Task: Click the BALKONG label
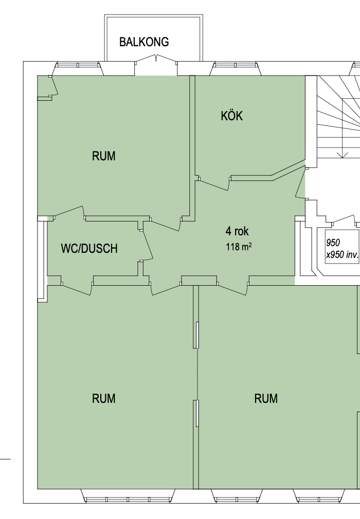pyautogui.click(x=144, y=42)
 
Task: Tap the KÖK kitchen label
pyautogui.click(x=232, y=116)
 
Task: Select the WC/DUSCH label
pyautogui.click(x=89, y=248)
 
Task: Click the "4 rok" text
pyautogui.click(x=237, y=231)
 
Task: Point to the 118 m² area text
pyautogui.click(x=239, y=247)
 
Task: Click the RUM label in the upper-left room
pyautogui.click(x=104, y=156)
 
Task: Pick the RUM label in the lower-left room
pyautogui.click(x=104, y=399)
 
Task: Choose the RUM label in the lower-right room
pyautogui.click(x=266, y=399)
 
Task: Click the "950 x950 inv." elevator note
pyautogui.click(x=342, y=249)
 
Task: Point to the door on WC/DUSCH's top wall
pyautogui.click(x=69, y=213)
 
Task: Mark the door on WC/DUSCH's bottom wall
pyautogui.click(x=77, y=289)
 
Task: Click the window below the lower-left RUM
pyautogui.click(x=128, y=496)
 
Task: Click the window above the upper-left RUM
pyautogui.click(x=78, y=68)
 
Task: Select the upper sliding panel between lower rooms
pyautogui.click(x=196, y=335)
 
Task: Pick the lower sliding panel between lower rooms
pyautogui.click(x=196, y=413)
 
